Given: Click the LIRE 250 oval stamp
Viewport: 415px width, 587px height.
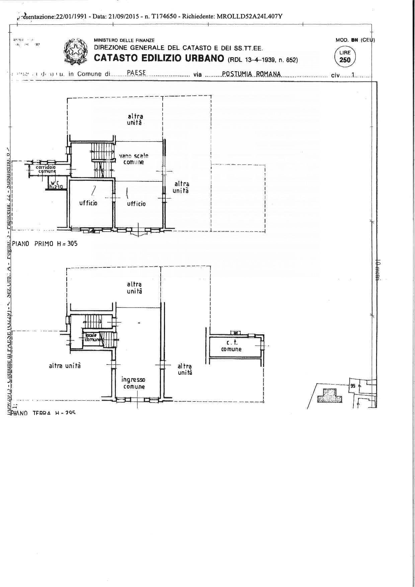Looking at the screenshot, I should click(345, 57).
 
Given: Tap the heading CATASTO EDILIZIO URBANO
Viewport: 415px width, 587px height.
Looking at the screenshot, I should click(159, 58).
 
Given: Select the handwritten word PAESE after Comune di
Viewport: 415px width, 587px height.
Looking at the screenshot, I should click(136, 73).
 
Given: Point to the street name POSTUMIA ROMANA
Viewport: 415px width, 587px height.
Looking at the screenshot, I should click(251, 74).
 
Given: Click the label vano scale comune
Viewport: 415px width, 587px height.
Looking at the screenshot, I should click(134, 159).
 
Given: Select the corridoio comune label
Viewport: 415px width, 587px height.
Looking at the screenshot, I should click(46, 169).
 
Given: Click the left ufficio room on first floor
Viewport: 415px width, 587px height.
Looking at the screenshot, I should click(88, 203).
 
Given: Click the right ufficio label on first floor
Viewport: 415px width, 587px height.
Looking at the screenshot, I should click(136, 203).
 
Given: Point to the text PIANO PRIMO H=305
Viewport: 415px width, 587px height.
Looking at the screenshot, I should click(45, 244).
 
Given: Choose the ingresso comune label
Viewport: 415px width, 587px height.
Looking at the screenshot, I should click(134, 383).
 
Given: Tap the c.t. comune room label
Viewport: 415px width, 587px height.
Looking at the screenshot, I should click(231, 346).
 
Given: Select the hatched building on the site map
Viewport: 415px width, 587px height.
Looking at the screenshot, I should click(329, 396).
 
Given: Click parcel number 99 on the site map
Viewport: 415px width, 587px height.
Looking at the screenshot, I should click(352, 386).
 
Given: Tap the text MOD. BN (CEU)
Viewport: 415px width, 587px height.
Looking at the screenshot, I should click(355, 40).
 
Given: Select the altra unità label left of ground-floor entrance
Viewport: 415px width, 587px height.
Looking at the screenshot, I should click(65, 366).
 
